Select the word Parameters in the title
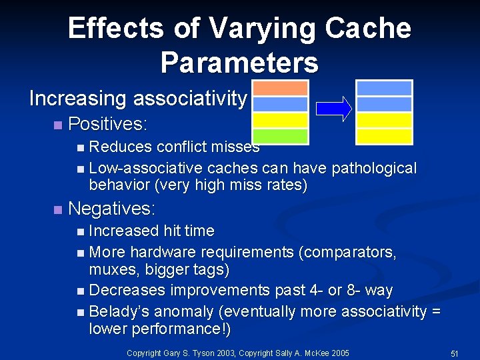pyautogui.click(x=239, y=62)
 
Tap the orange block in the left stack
pyautogui.click(x=280, y=88)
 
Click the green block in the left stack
pyautogui.click(x=280, y=136)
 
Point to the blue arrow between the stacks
pyautogui.click(x=333, y=109)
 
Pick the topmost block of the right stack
pyautogui.click(x=384, y=88)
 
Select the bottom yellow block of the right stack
pyautogui.click(x=384, y=136)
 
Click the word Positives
pyautogui.click(x=107, y=125)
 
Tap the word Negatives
pyautogui.click(x=111, y=209)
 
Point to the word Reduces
pyautogui.click(x=115, y=147)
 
